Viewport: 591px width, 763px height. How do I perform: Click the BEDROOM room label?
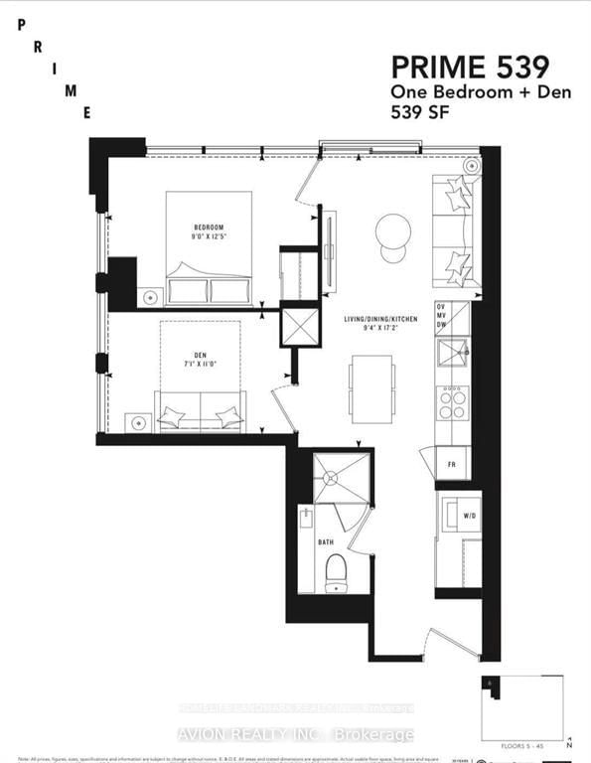point(209,227)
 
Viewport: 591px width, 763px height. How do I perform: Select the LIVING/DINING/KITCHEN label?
point(381,319)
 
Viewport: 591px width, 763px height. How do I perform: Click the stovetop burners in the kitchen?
point(453,401)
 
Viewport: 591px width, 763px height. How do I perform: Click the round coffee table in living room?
point(393,231)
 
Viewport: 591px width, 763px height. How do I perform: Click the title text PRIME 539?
point(470,68)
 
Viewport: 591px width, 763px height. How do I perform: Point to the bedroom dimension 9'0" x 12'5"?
point(209,237)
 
